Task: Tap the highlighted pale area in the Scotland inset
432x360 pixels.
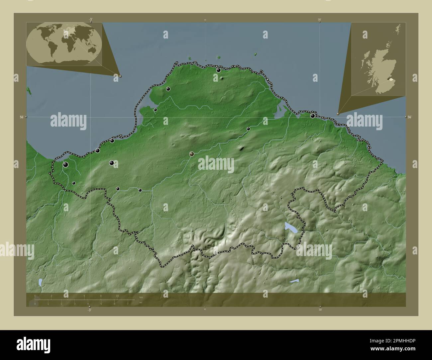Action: pos(391,79)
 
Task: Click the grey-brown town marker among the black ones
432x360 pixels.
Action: pos(192,154)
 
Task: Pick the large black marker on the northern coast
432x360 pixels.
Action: pos(218,70)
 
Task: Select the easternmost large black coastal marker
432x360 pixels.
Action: pos(312,116)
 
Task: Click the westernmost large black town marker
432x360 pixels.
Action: pos(66,164)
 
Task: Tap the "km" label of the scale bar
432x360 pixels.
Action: pos(141,297)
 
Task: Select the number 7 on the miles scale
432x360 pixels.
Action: pos(128,304)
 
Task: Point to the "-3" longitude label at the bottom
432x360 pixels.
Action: pos(89,310)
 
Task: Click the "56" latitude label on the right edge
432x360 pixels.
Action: pos(410,117)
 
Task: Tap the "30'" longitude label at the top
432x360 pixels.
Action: pos(319,20)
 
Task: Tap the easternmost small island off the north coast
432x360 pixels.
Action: pos(256,54)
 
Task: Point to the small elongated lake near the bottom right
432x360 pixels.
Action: pos(294,281)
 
